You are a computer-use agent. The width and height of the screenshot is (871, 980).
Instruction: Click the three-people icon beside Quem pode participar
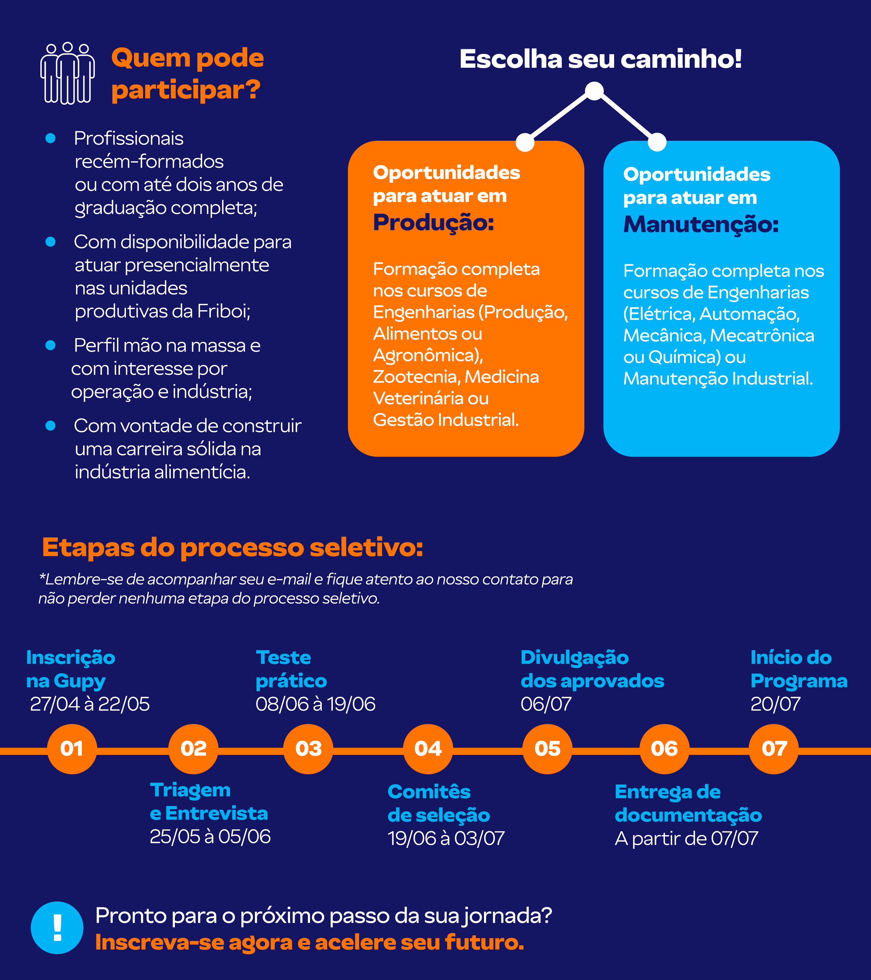click(67, 73)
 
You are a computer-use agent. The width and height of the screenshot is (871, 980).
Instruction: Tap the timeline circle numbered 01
click(72, 749)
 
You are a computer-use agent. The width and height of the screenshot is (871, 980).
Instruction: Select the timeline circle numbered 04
click(428, 749)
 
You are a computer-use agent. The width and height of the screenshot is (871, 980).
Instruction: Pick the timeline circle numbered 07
click(774, 749)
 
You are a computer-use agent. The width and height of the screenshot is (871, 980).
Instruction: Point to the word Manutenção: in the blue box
click(701, 225)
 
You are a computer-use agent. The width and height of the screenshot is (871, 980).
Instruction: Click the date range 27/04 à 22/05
click(90, 704)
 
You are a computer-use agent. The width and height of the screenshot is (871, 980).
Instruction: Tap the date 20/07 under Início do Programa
click(775, 704)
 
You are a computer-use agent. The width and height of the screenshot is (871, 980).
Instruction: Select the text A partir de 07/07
click(687, 839)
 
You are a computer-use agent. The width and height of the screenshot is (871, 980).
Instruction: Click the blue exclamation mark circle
click(57, 928)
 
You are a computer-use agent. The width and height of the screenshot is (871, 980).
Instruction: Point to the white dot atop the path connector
click(595, 91)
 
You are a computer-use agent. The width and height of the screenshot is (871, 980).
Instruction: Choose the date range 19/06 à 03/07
click(446, 839)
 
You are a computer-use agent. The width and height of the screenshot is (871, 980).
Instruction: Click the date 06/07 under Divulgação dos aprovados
click(546, 704)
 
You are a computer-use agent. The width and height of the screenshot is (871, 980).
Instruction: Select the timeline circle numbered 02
click(193, 749)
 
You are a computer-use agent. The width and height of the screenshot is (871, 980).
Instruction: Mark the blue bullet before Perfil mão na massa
click(50, 345)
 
